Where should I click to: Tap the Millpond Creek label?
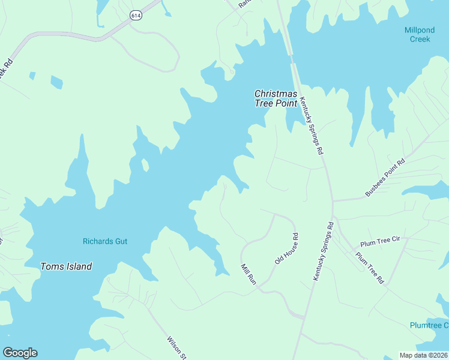click(420, 34)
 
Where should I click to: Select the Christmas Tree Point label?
click(276, 98)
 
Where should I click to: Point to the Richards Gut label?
click(105, 242)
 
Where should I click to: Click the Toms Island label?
click(66, 266)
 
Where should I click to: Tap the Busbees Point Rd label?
click(385, 178)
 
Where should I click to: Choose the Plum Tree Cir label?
click(380, 242)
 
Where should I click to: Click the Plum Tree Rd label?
click(370, 268)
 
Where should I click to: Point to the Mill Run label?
click(249, 274)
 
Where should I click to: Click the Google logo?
click(20, 353)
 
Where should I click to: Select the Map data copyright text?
click(424, 355)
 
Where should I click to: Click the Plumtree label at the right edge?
click(429, 325)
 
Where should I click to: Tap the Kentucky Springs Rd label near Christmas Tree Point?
click(312, 126)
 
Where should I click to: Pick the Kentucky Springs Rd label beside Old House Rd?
click(323, 251)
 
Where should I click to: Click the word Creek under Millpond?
click(420, 39)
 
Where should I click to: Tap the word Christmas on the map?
click(276, 94)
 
